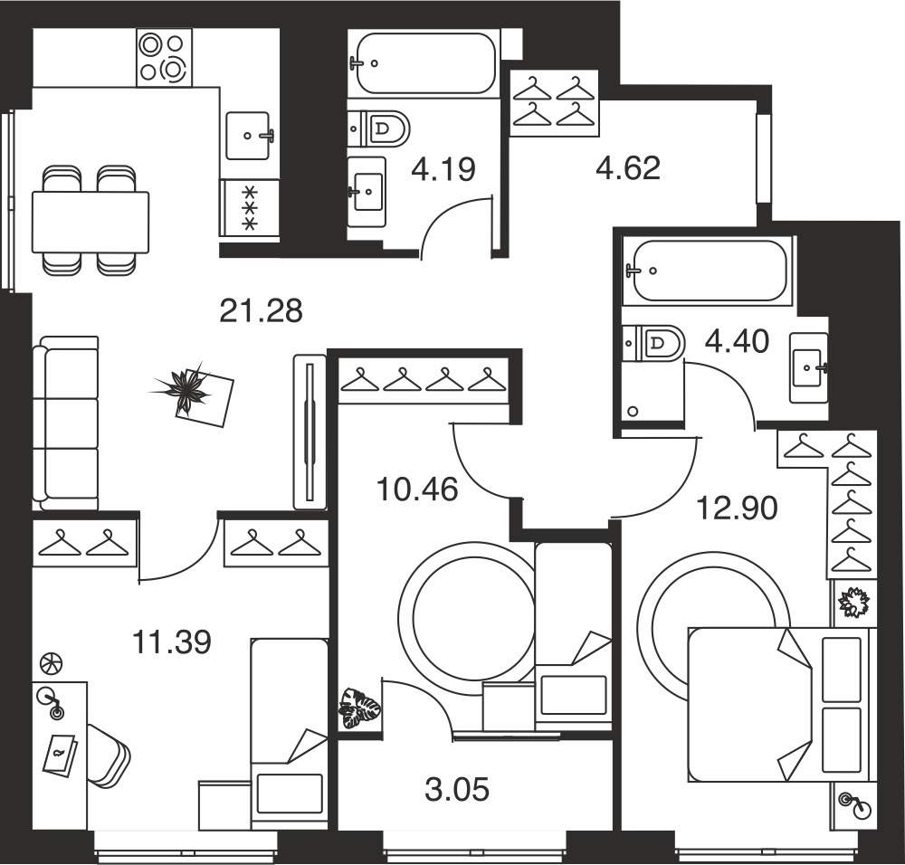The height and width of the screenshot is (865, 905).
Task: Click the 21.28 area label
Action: coord(261,311)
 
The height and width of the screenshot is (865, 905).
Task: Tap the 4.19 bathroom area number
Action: coord(443,170)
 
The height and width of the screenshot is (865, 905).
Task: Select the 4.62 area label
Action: coord(628,168)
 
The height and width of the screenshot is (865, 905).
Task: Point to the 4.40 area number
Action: coord(737,341)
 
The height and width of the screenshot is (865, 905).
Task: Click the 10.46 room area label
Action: coord(416,490)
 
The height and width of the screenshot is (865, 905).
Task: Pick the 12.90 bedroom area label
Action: coord(738,509)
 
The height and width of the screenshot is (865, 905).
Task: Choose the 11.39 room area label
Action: coord(172,642)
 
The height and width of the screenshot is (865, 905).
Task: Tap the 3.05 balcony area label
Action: coord(457,789)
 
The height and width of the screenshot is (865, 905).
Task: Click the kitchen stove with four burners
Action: coord(165,58)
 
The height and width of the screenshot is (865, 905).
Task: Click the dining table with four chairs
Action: coord(90,221)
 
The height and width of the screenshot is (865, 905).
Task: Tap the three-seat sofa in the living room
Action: coord(65,423)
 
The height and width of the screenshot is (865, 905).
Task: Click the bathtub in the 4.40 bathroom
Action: coord(710,271)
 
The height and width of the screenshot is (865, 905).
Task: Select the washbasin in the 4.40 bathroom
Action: coord(809,367)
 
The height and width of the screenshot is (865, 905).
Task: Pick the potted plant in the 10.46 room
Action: coord(359,708)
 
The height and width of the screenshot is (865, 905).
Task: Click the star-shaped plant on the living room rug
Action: coord(182,388)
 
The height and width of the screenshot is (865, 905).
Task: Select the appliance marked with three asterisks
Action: coord(250,208)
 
